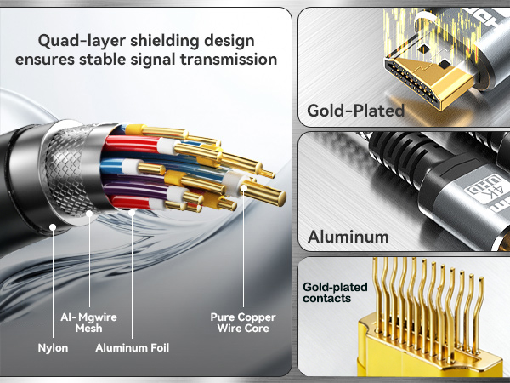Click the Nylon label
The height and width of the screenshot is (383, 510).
tap(53, 347)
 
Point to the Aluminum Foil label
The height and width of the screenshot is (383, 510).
tap(132, 347)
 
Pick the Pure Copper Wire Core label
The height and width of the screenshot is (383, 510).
tap(243, 323)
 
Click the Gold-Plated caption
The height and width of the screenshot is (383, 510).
tap(355, 111)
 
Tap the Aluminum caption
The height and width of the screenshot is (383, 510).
tap(349, 237)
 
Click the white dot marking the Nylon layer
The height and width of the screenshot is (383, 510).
tap(53, 227)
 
